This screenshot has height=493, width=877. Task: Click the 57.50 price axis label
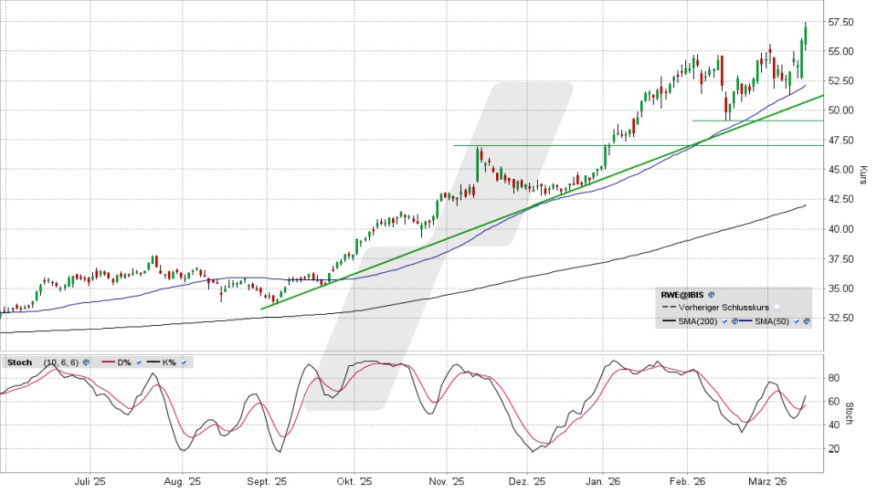(841, 21)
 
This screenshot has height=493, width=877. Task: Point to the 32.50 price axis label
(841, 318)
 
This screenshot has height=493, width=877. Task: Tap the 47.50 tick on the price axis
(841, 140)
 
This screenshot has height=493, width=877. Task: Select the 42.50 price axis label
(841, 199)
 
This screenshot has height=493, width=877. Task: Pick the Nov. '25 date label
(447, 481)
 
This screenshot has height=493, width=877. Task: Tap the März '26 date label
(768, 481)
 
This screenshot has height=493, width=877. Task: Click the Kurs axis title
(862, 174)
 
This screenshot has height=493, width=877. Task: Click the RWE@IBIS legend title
(682, 296)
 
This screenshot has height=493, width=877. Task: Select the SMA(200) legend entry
(693, 322)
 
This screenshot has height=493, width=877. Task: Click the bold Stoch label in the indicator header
(19, 362)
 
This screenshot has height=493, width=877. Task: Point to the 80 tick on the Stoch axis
(834, 377)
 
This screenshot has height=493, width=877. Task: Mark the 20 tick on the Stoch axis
(834, 448)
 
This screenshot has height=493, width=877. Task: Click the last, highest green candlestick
(805, 35)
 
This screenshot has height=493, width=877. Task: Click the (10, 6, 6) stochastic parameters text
(57, 362)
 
